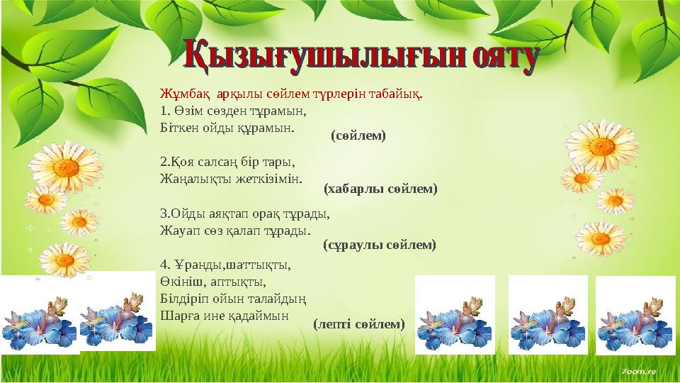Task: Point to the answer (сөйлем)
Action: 358,135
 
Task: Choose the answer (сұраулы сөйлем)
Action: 379,245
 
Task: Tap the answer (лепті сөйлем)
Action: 359,324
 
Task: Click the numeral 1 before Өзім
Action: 164,111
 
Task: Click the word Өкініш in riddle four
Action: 181,281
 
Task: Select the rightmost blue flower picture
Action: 635,315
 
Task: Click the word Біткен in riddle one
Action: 180,128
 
